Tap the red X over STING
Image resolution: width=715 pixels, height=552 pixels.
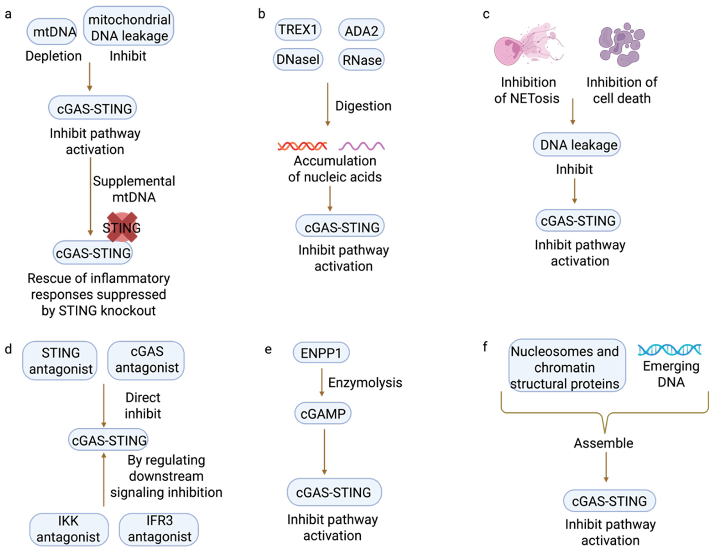[x=122, y=227]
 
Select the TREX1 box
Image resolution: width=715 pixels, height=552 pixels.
[x=298, y=30]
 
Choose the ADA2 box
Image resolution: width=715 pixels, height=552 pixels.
[x=361, y=31]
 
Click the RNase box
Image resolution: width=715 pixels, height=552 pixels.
[x=361, y=60]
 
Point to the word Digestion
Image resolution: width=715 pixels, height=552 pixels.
[x=363, y=106]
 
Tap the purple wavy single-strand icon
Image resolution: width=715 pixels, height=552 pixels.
[x=361, y=146]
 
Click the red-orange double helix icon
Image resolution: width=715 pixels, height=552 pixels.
[x=302, y=146]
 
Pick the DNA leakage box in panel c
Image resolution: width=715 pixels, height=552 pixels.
[x=577, y=145]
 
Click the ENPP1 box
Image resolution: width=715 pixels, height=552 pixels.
[x=321, y=353]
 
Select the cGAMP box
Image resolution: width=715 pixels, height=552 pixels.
[x=323, y=414]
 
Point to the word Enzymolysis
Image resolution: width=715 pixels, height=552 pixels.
[x=365, y=382]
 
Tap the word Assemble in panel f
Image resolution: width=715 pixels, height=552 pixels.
[x=603, y=443]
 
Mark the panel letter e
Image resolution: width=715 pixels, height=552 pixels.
[x=268, y=349]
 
